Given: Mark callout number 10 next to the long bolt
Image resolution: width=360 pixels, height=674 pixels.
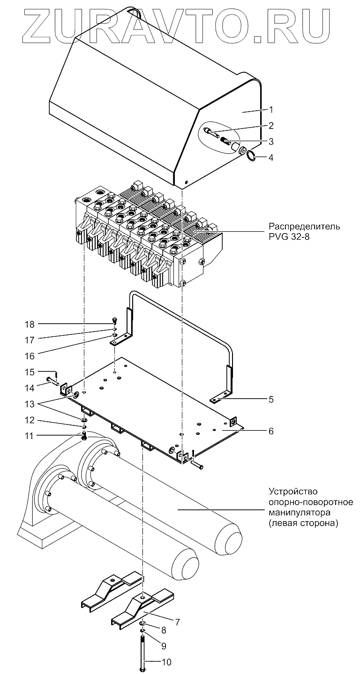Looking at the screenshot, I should [167, 662].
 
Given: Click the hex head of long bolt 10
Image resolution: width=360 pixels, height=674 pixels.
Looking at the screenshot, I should [142, 667].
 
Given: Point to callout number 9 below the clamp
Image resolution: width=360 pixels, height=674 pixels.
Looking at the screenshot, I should [164, 646].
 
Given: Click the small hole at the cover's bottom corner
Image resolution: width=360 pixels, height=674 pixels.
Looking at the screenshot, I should [186, 182].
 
